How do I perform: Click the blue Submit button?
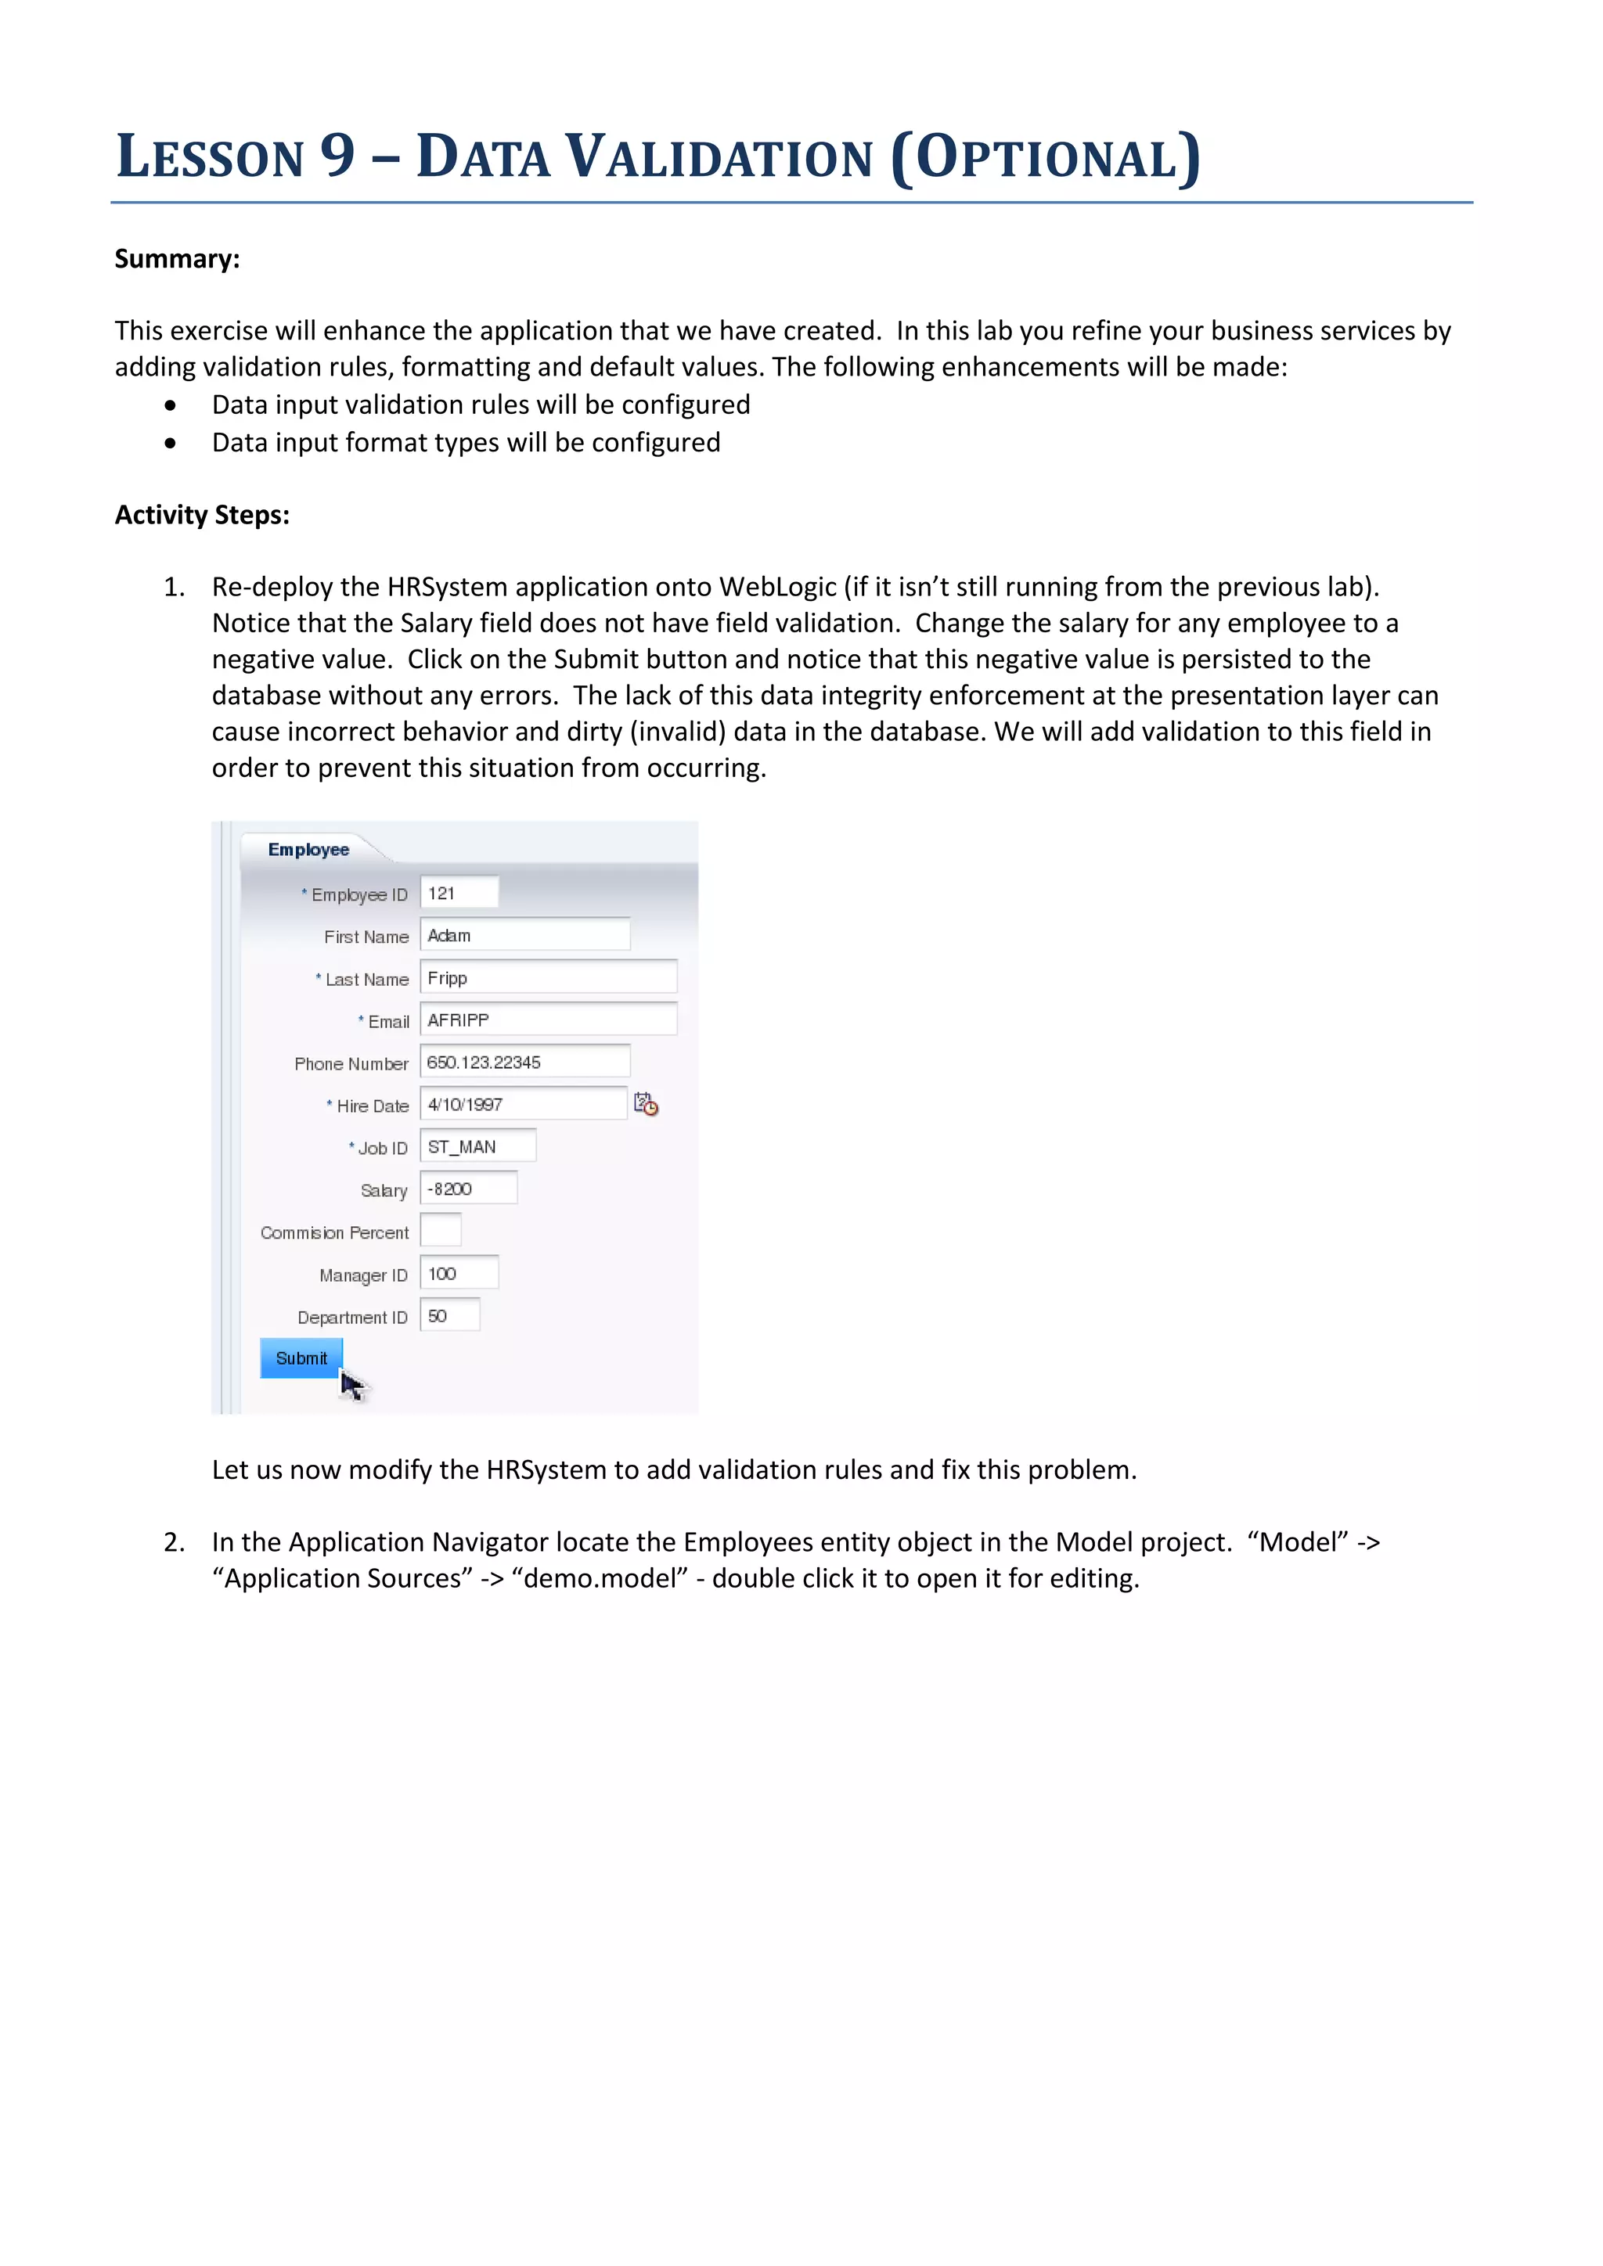(301, 1358)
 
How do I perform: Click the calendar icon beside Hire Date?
(646, 1104)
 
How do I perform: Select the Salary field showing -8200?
(468, 1189)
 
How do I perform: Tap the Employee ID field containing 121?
(459, 893)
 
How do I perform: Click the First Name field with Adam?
(525, 934)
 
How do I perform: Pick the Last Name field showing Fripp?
(548, 977)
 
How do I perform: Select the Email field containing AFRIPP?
(548, 1020)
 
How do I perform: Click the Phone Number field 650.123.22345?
(525, 1062)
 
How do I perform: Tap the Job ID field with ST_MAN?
(477, 1146)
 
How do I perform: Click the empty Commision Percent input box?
(440, 1231)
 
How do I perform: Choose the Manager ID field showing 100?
(459, 1273)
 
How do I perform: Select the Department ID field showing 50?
(450, 1315)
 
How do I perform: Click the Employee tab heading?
(309, 850)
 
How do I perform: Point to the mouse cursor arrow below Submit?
(352, 1386)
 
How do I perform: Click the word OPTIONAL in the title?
(1046, 158)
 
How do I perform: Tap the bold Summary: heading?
(178, 258)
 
